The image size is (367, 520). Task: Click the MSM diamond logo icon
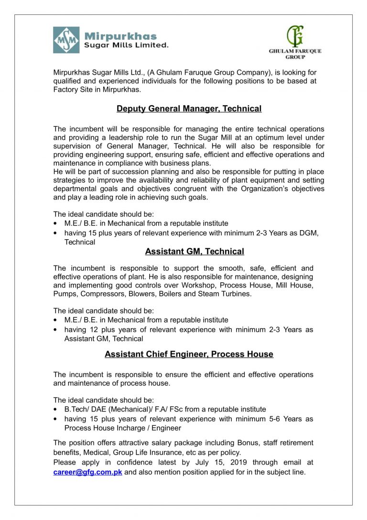tap(66, 40)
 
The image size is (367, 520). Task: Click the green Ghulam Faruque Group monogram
tap(295, 36)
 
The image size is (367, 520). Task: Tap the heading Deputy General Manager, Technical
tap(189, 109)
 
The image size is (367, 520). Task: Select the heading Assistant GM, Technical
tap(194, 252)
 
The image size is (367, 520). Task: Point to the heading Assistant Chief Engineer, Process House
tap(189, 354)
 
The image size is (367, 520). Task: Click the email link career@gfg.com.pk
tap(88, 472)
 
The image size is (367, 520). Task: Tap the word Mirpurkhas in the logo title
tap(120, 36)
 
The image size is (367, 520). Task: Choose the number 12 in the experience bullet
tap(94, 330)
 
